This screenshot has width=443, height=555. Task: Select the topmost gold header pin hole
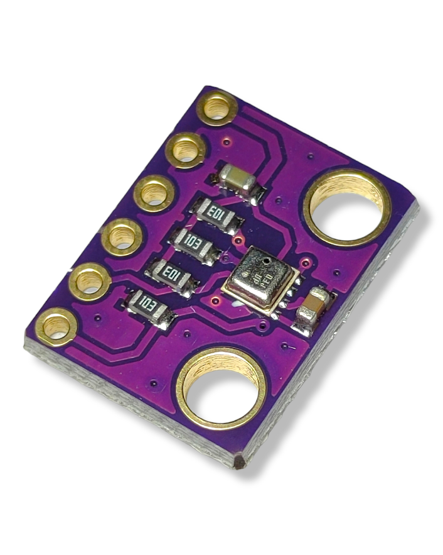217,107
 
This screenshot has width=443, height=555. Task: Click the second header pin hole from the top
186,150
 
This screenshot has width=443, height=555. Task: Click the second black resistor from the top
195,245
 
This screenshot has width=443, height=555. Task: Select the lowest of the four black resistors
149,307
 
